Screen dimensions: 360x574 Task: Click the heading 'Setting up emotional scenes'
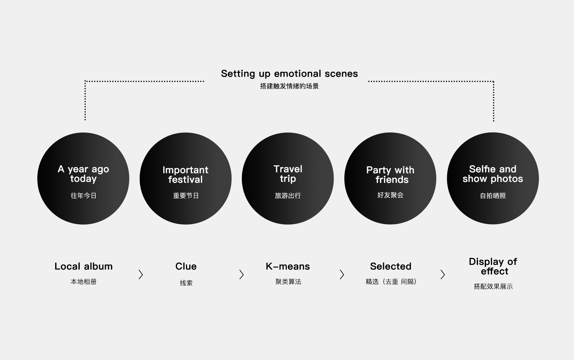point(289,74)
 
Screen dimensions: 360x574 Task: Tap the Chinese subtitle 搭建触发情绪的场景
point(289,86)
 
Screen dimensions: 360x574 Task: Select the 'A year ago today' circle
point(83,178)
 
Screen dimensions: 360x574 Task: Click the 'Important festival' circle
point(186,178)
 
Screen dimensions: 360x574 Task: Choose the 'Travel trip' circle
point(288,178)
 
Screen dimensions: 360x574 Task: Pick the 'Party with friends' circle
point(390,178)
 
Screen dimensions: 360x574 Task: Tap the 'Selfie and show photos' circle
point(493,178)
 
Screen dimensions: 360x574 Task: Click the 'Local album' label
point(84,266)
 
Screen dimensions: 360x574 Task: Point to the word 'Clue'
point(186,266)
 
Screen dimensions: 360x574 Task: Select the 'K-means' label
point(288,266)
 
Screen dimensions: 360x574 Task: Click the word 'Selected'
point(391,266)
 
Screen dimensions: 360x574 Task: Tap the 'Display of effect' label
point(493,266)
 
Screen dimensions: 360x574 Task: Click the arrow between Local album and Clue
point(141,274)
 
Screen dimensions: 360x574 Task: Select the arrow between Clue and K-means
point(241,274)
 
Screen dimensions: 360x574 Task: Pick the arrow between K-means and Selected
point(342,274)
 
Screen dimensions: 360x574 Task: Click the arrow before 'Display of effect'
point(443,274)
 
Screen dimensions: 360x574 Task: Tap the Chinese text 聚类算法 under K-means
point(288,282)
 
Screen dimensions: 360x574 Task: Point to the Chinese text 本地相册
point(84,282)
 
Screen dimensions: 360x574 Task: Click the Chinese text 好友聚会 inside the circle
point(390,195)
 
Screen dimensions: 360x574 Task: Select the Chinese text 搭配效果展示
point(493,287)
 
